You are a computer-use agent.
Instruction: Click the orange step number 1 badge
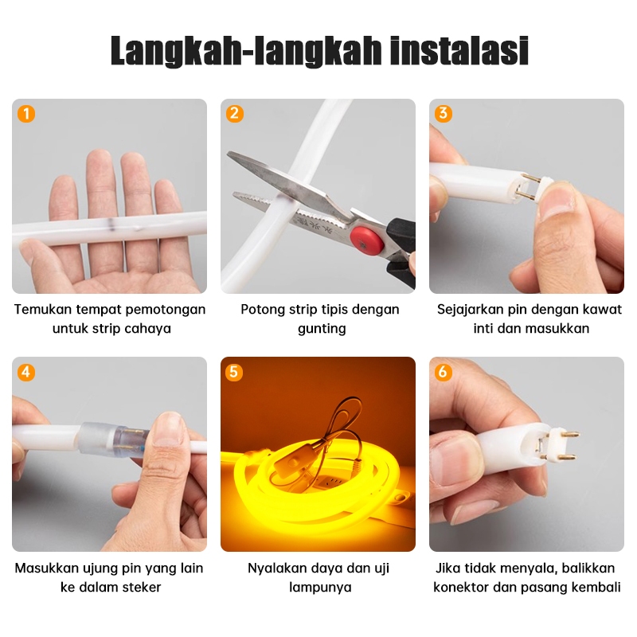click(26, 114)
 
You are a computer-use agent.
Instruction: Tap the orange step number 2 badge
click(235, 114)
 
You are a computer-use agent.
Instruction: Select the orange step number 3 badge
click(444, 114)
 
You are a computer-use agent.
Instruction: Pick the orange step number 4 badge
click(26, 372)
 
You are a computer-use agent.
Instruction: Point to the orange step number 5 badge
click(234, 372)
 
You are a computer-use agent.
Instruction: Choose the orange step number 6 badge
click(444, 372)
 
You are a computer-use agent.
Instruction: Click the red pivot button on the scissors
click(367, 240)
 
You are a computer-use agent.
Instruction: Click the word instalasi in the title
click(459, 51)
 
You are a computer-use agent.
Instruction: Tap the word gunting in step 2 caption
click(322, 329)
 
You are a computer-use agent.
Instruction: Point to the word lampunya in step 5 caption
click(320, 588)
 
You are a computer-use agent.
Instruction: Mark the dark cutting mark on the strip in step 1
click(111, 223)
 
